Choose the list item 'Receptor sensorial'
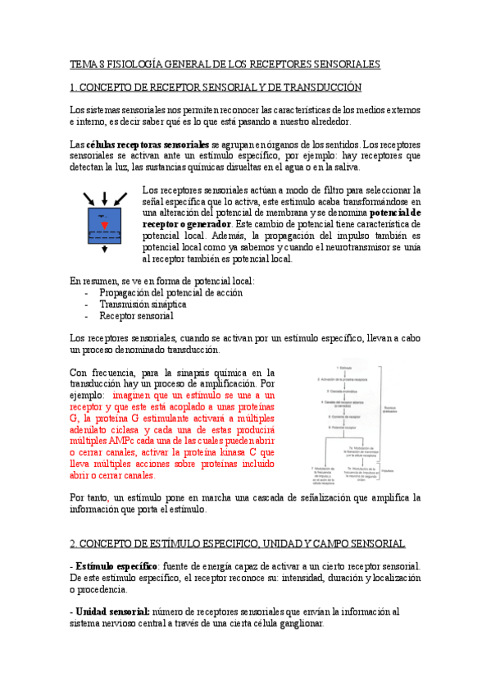coord(136,315)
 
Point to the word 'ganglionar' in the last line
coord(298,623)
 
